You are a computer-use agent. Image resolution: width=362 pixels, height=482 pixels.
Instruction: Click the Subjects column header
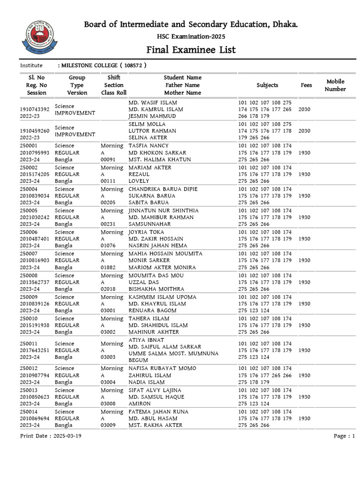(267, 85)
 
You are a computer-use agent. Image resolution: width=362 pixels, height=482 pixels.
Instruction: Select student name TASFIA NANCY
(148, 146)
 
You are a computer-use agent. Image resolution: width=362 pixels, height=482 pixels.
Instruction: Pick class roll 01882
(108, 267)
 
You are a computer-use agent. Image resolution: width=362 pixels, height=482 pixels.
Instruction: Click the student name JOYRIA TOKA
(146, 232)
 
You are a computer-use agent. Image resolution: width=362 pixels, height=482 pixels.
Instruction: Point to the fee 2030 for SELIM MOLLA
(305, 131)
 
